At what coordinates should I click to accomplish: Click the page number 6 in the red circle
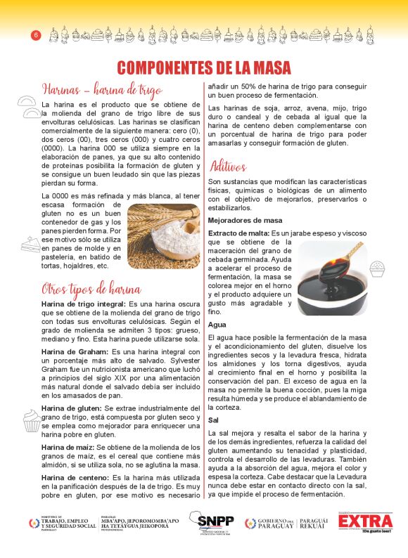click(35, 35)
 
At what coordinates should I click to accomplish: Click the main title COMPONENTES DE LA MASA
click(203, 67)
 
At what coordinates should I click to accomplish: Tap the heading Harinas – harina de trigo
click(102, 89)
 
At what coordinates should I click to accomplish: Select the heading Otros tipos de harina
click(91, 289)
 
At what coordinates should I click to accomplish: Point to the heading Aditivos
click(228, 167)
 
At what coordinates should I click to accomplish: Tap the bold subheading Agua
click(217, 325)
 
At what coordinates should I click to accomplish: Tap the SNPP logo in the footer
click(211, 524)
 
